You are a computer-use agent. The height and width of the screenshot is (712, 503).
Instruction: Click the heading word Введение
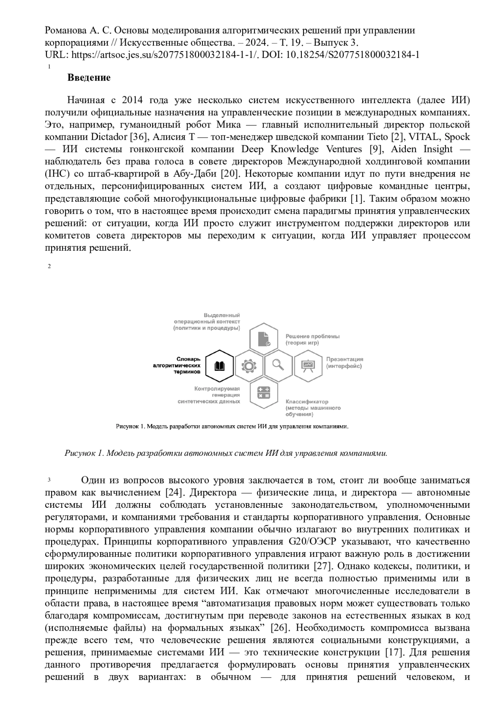[89, 78]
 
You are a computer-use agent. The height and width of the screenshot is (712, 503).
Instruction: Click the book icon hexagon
[220, 366]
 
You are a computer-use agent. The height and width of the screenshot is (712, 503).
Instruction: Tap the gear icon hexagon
[249, 366]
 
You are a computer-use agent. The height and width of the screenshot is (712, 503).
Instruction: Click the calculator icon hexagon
[264, 392]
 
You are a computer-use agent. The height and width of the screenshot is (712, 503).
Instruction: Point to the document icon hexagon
[264, 339]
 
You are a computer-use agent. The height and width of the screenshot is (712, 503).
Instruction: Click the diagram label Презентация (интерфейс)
[345, 363]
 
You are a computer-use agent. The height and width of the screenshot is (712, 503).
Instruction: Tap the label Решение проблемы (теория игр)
[312, 339]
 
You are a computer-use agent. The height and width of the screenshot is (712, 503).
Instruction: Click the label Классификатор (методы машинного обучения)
[313, 408]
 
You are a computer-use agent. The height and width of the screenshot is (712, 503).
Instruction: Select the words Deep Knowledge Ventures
[301, 149]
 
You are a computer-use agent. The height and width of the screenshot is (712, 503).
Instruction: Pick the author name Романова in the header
[64, 31]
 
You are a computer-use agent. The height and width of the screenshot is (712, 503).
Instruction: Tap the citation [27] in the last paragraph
[323, 566]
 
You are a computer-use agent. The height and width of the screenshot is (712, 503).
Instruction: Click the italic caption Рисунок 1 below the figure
[226, 453]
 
